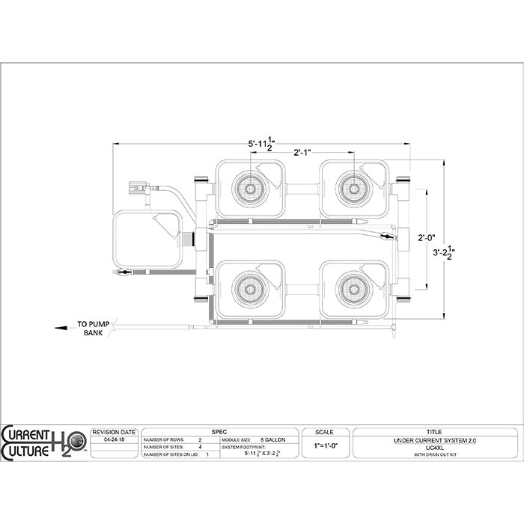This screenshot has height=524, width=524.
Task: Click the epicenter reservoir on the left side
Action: click(147, 239)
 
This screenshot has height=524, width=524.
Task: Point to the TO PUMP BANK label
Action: click(93, 329)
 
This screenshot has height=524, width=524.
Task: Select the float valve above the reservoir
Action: click(138, 186)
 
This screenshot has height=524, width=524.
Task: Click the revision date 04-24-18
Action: click(113, 442)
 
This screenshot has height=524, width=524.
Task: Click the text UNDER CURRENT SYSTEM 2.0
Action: click(433, 441)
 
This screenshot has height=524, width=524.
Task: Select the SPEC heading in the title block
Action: click(219, 432)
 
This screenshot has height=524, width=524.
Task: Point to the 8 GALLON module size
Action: click(272, 440)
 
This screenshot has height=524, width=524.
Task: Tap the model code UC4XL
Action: click(433, 448)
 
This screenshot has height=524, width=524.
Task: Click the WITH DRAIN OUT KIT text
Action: click(433, 454)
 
